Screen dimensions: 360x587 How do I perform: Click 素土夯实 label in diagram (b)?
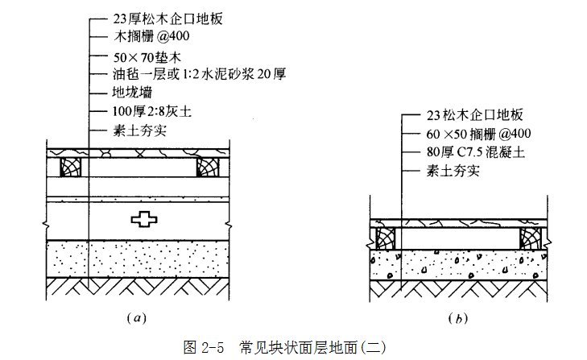453,171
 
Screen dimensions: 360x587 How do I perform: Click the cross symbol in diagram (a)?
143,219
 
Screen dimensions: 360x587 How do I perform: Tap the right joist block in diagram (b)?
531,238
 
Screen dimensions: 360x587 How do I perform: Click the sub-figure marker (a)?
136,317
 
